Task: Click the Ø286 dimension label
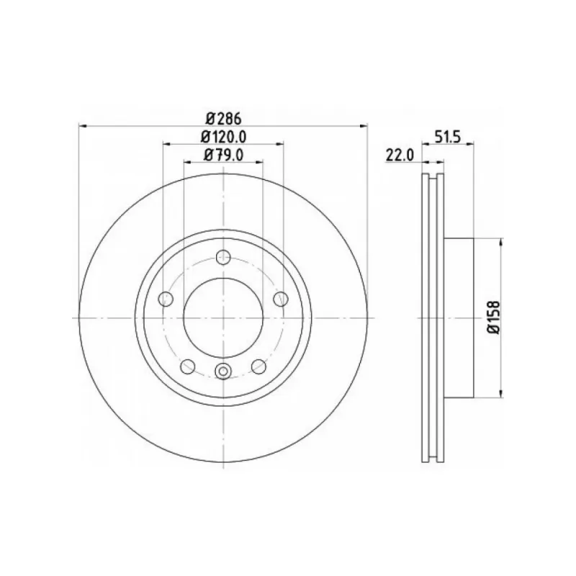pyautogui.click(x=223, y=118)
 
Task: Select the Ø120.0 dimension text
pyautogui.click(x=223, y=137)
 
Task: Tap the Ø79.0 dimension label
pyautogui.click(x=223, y=155)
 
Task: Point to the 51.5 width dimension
pyautogui.click(x=447, y=137)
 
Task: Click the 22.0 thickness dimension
pyautogui.click(x=400, y=155)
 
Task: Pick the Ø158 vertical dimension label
pyautogui.click(x=495, y=317)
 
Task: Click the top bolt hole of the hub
pyautogui.click(x=223, y=257)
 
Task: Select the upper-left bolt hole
pyautogui.click(x=166, y=299)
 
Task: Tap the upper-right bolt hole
pyautogui.click(x=281, y=299)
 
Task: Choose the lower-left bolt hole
pyautogui.click(x=188, y=366)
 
